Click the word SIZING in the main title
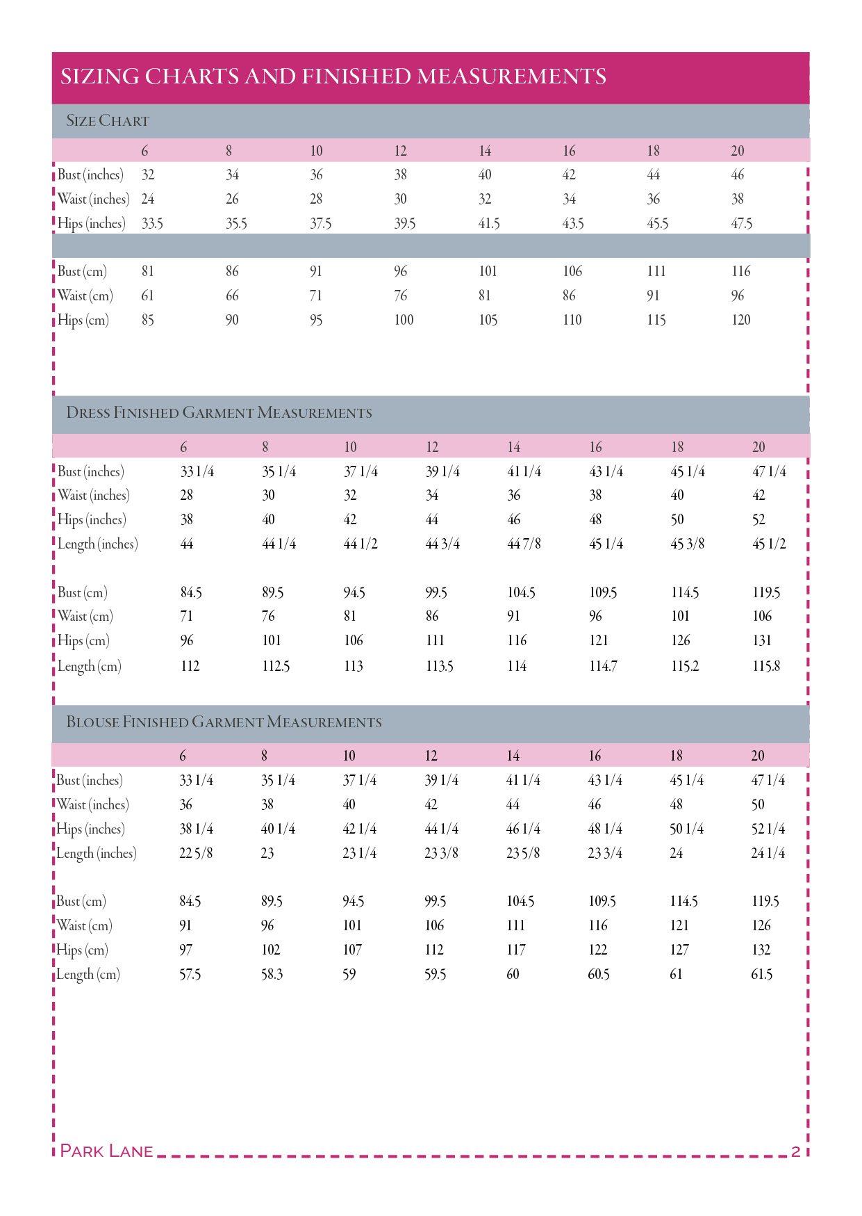click(x=100, y=76)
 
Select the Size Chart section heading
click(x=108, y=121)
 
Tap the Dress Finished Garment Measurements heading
click(x=219, y=413)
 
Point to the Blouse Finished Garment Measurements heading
click(x=224, y=722)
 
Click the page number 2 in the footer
click(x=795, y=1151)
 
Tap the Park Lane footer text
click(x=106, y=1151)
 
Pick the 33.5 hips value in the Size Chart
click(x=152, y=224)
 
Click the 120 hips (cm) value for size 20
click(x=740, y=320)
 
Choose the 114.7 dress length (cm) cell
click(x=603, y=666)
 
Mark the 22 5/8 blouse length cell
click(x=196, y=853)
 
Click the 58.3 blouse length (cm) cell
click(x=272, y=974)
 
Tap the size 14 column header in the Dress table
click(x=513, y=447)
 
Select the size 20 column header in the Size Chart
click(x=737, y=151)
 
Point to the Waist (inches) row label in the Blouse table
click(x=92, y=804)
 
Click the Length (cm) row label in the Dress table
click(x=89, y=666)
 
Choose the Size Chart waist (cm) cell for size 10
click(x=316, y=295)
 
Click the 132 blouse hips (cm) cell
click(x=761, y=950)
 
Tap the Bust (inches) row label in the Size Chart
click(x=90, y=175)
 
